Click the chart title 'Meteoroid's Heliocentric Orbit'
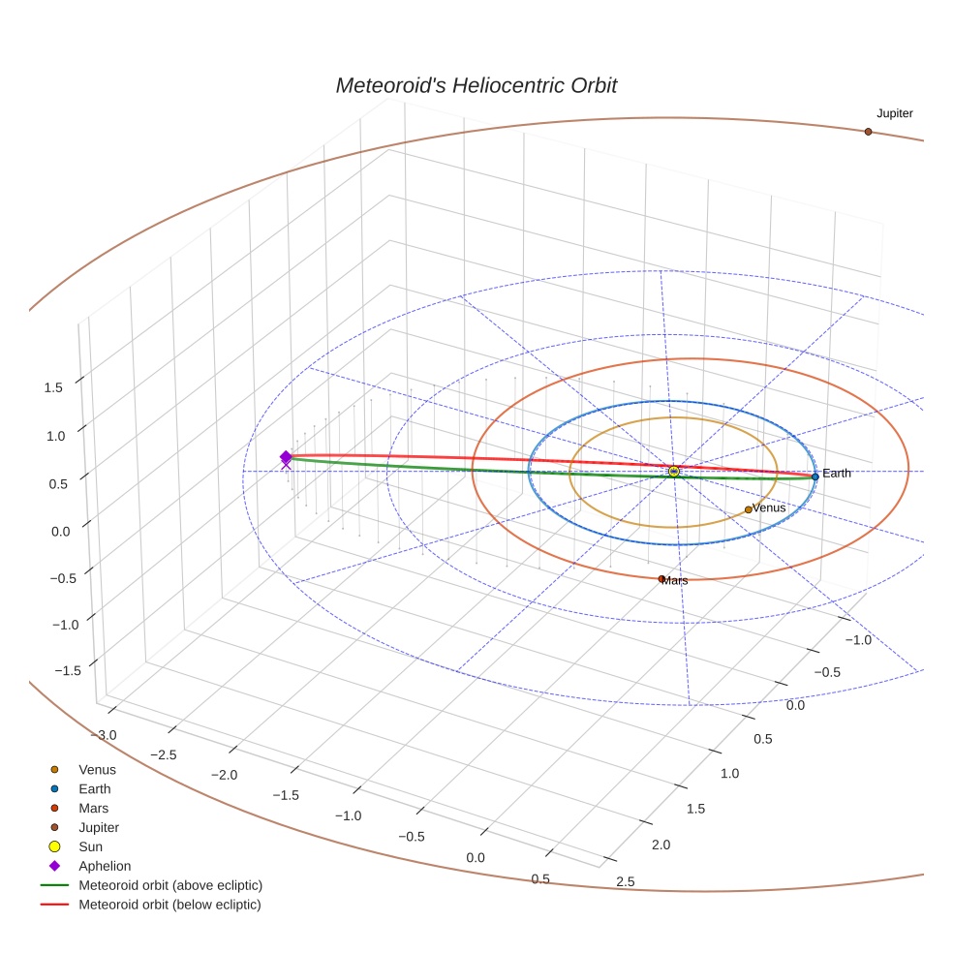click(476, 85)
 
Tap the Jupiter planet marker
click(868, 132)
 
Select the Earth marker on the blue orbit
click(815, 476)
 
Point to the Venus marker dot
click(748, 509)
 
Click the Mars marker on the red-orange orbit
click(661, 578)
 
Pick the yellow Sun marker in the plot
click(673, 472)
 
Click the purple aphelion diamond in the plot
click(286, 456)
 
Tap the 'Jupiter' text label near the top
click(894, 113)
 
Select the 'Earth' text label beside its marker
click(837, 474)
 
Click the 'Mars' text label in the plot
click(676, 581)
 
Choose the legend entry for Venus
click(97, 770)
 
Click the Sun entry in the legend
click(90, 846)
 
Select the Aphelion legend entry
click(105, 866)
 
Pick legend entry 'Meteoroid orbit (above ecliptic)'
click(170, 885)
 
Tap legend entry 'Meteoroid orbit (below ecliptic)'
click(169, 905)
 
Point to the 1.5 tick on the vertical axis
click(53, 387)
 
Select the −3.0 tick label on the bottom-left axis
click(106, 735)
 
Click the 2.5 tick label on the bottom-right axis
click(626, 881)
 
